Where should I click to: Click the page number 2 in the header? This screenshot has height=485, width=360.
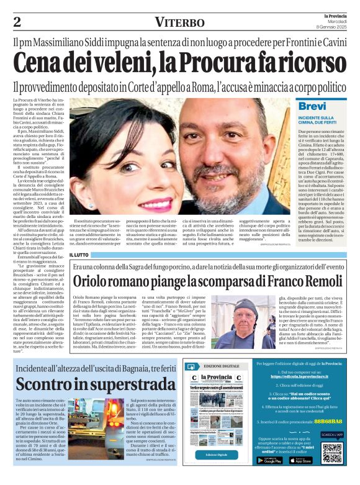tap(17, 22)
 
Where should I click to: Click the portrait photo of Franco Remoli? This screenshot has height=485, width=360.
tap(233, 326)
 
